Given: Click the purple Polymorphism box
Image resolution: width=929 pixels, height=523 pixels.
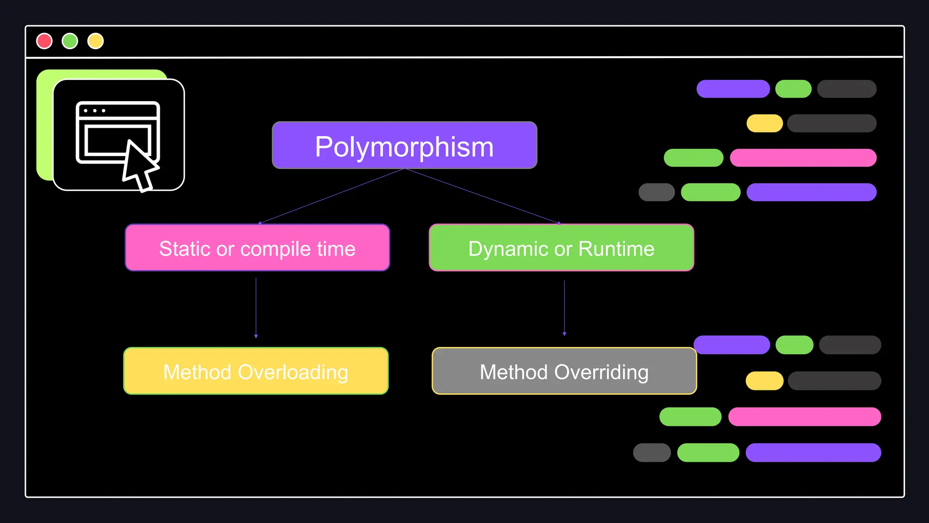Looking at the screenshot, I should (x=404, y=145).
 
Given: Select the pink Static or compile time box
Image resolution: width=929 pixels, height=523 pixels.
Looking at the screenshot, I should (x=257, y=248).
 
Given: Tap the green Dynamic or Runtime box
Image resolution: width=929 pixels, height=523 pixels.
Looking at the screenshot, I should (x=561, y=248).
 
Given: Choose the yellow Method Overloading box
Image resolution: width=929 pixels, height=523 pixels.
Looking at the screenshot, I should (x=256, y=371).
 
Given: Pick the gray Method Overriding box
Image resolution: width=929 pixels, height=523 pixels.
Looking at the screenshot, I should (x=564, y=371).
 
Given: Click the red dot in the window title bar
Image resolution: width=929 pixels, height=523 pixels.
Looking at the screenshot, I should (x=44, y=41).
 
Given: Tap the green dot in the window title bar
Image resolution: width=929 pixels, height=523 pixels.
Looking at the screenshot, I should (x=70, y=41).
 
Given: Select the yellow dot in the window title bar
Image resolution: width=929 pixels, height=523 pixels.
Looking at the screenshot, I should (x=96, y=41).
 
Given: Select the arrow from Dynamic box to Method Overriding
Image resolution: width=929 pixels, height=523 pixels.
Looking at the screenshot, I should (x=564, y=308).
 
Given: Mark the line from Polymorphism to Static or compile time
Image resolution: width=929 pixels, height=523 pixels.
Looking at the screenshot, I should (x=331, y=196).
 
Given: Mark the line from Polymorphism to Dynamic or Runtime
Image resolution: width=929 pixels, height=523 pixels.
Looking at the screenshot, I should (x=482, y=196).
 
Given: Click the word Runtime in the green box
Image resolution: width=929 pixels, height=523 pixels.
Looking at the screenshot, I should (x=616, y=249).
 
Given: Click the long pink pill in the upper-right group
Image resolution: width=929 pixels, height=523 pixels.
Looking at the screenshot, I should (x=803, y=158).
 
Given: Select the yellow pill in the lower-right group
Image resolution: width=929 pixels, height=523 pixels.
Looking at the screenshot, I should (x=764, y=381).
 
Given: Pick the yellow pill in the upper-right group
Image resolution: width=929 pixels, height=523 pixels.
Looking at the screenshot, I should (x=764, y=123).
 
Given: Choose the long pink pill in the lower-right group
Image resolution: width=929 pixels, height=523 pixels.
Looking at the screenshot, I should (x=804, y=417).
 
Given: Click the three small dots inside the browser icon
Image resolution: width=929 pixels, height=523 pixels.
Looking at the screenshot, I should (x=94, y=111).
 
